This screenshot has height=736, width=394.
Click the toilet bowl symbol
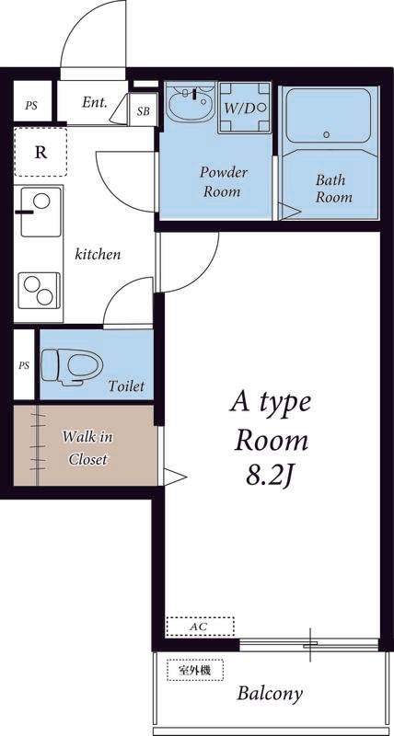coord(73,366)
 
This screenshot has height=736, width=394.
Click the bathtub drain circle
coord(327,134)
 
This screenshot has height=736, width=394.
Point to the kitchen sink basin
coord(41,212)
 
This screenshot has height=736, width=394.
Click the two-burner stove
coord(39,291)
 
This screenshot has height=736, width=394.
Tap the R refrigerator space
coord(41,152)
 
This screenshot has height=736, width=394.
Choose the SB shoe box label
coord(144,111)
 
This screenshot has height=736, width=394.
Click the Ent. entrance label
coord(95,102)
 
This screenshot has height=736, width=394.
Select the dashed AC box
coord(200,627)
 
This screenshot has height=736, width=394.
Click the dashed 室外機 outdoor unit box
coord(195,671)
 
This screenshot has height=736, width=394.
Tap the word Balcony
coord(270,694)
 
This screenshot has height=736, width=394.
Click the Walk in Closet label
coord(87,448)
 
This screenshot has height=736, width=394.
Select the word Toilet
coord(126,385)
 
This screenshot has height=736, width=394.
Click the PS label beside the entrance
coord(31,106)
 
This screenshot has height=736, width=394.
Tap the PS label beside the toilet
coord(24,365)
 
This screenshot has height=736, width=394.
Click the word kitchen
coord(98,255)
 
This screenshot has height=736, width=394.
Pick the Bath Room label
coord(333,189)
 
